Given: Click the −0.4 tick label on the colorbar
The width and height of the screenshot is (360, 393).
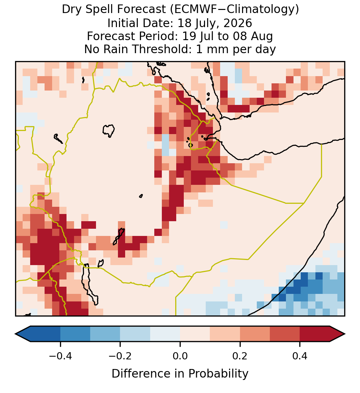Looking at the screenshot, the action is pyautogui.click(x=60, y=356).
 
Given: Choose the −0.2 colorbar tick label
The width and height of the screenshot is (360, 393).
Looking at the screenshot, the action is pyautogui.click(x=120, y=356).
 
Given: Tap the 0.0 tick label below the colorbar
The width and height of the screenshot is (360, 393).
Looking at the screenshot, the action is pyautogui.click(x=180, y=356).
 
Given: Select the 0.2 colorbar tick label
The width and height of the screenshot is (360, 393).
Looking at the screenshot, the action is pyautogui.click(x=240, y=356).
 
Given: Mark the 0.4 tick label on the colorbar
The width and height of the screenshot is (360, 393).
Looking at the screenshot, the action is pyautogui.click(x=300, y=356).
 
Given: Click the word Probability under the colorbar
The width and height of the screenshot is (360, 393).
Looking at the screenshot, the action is pyautogui.click(x=218, y=374).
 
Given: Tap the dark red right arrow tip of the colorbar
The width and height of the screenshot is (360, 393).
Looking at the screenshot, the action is pyautogui.click(x=345, y=334).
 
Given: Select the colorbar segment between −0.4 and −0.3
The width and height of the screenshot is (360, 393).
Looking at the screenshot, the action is pyautogui.click(x=75, y=334).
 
